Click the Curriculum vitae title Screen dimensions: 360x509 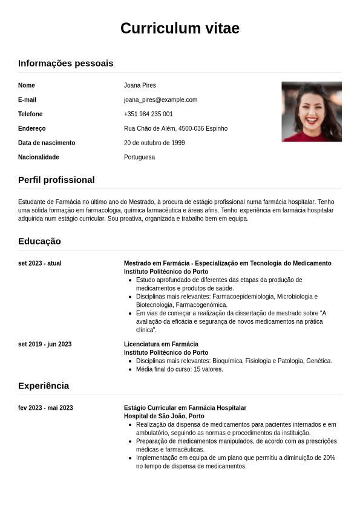click(180, 28)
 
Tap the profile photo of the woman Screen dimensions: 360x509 click(312, 111)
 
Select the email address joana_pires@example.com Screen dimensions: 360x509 click(160, 100)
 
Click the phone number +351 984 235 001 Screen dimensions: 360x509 click(148, 114)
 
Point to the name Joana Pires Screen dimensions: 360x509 click(140, 85)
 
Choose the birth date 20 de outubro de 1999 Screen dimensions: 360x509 click(154, 143)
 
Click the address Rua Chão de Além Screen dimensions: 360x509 click(175, 128)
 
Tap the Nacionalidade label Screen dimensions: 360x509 click(39, 157)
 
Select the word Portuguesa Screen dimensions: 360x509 click(139, 157)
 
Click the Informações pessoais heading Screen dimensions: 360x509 click(65, 64)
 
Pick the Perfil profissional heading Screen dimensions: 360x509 click(56, 180)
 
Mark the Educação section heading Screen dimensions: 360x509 click(39, 241)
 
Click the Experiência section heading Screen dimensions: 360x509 click(44, 386)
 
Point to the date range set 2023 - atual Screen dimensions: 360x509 click(40, 263)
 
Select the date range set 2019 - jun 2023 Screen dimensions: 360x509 click(45, 344)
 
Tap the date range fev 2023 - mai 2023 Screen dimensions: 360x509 click(45, 408)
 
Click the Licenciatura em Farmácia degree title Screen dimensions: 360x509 click(161, 344)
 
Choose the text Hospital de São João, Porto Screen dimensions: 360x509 click(164, 416)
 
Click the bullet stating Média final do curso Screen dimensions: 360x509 click(179, 369)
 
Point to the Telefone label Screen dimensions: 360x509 click(30, 114)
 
